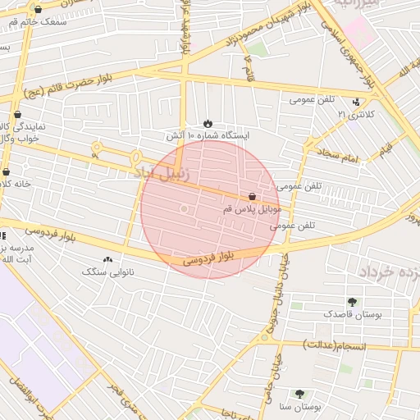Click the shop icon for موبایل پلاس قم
coord(252,197)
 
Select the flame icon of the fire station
coord(208,122)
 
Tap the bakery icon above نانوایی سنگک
coord(108,258)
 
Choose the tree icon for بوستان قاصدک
coord(352,302)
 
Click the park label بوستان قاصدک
coord(350,314)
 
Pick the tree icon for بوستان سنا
coord(299,394)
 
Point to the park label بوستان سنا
coord(299,407)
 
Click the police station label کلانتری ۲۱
coord(355,115)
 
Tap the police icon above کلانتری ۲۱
coord(356,102)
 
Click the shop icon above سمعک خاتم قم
coord(38,9)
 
